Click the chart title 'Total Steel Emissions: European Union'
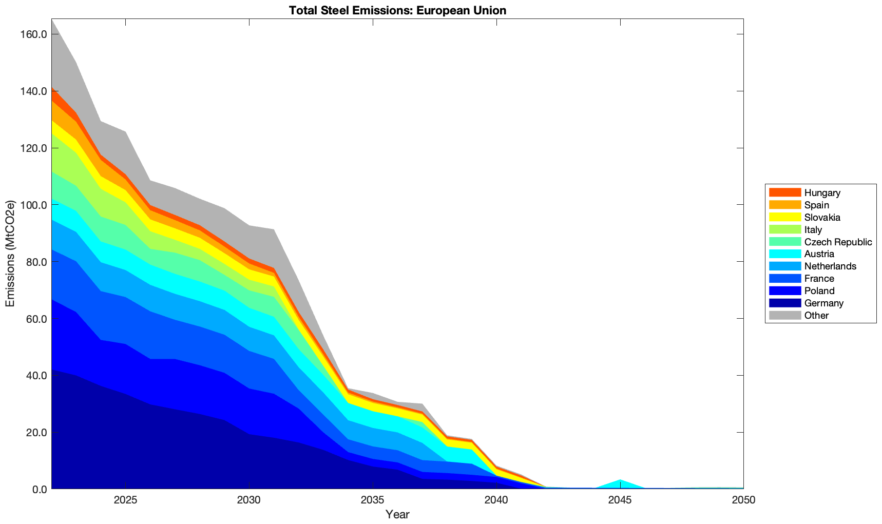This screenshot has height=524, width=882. click(397, 10)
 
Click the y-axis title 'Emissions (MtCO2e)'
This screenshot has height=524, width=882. click(10, 254)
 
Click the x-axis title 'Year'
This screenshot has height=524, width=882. click(397, 514)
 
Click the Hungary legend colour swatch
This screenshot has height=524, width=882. click(784, 192)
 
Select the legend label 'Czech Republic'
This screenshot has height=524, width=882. click(838, 242)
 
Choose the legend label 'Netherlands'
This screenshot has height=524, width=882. click(830, 266)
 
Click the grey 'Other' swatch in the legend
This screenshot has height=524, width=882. click(784, 315)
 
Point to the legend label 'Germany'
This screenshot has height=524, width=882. click(823, 303)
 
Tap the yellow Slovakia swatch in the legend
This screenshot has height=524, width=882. click(784, 217)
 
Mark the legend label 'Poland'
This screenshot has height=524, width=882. click(819, 291)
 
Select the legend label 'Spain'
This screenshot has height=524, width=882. click(816, 205)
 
